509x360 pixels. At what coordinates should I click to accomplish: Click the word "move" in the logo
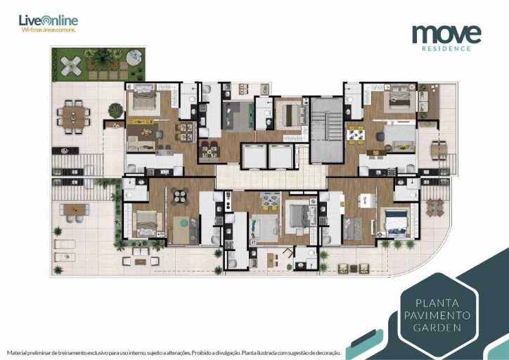click(x=446, y=33)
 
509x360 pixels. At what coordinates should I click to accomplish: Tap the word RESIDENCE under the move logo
click(x=446, y=49)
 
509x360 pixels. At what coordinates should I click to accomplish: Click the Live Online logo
click(x=49, y=20)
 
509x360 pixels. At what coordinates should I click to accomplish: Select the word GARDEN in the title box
click(x=437, y=327)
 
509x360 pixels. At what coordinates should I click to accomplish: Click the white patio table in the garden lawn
click(x=70, y=66)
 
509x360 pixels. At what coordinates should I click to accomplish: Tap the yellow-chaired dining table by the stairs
click(x=356, y=132)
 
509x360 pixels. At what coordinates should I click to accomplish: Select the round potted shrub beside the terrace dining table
click(x=115, y=110)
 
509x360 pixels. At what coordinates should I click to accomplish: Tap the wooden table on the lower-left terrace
click(x=73, y=209)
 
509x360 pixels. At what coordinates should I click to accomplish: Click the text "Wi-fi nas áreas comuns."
click(x=49, y=31)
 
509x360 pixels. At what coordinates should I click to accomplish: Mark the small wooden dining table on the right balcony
click(x=439, y=148)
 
